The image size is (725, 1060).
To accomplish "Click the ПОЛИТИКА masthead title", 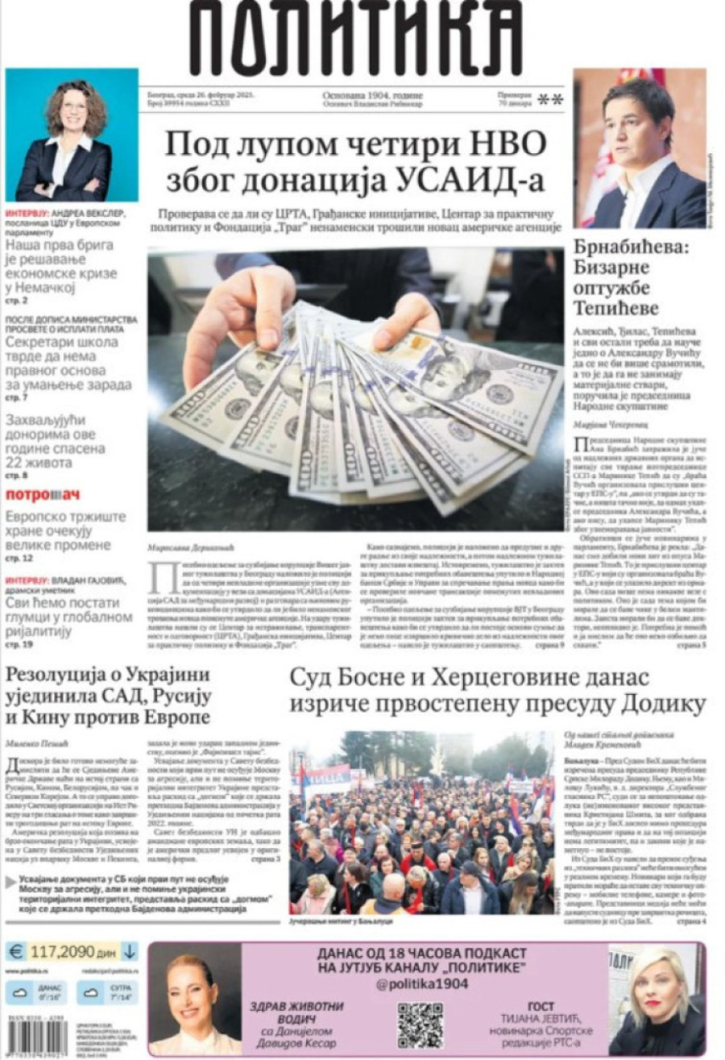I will pos(355,38).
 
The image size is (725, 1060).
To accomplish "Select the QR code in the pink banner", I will pos(420,1025).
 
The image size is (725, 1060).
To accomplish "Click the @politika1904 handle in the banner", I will pos(421,983).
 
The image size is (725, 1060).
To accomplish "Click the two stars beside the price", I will pos(550,99).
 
